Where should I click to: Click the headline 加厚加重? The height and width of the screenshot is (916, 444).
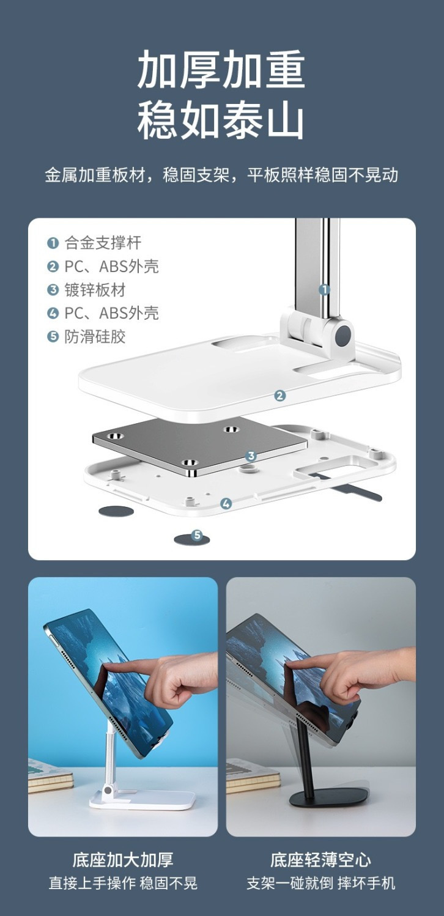pyautogui.click(x=221, y=70)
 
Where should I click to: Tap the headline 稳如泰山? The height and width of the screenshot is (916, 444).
pyautogui.click(x=221, y=119)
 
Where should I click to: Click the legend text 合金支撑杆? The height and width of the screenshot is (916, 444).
pyautogui.click(x=103, y=243)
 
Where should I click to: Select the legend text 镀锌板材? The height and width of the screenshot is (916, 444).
pyautogui.click(x=95, y=290)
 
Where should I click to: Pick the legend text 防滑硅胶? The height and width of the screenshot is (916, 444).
pyautogui.click(x=95, y=337)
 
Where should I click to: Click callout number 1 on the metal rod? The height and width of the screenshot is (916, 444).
pyautogui.click(x=324, y=290)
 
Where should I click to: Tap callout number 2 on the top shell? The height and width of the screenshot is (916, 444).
pyautogui.click(x=280, y=396)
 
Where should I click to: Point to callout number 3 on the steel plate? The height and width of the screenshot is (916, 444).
pyautogui.click(x=251, y=456)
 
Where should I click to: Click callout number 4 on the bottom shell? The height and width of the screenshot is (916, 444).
pyautogui.click(x=226, y=504)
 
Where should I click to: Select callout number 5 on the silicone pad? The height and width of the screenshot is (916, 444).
pyautogui.click(x=197, y=535)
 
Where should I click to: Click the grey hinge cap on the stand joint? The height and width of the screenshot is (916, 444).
pyautogui.click(x=344, y=334)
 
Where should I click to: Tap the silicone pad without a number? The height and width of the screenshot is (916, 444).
pyautogui.click(x=116, y=511)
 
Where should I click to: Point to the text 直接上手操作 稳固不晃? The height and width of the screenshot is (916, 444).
pyautogui.click(x=123, y=883)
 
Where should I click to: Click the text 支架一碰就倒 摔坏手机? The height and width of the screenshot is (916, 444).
pyautogui.click(x=321, y=883)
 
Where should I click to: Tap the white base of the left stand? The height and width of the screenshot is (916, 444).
pyautogui.click(x=143, y=799)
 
